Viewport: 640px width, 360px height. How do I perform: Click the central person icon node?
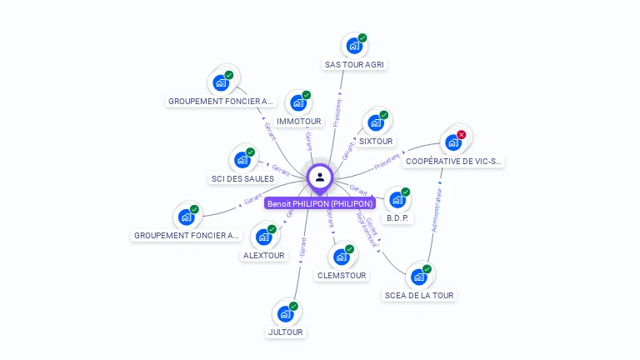(x=320, y=177)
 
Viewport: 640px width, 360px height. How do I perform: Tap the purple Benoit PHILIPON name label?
(x=320, y=202)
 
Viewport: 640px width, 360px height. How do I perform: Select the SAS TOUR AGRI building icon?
(x=353, y=47)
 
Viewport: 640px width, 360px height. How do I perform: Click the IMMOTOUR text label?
(x=299, y=121)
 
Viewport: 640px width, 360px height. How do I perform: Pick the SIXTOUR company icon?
(x=375, y=124)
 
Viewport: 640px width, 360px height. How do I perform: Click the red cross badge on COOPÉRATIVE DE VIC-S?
(x=461, y=134)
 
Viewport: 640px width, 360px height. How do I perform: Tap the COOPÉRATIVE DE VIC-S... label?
(x=453, y=162)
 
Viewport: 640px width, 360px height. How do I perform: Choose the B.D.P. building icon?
(x=397, y=201)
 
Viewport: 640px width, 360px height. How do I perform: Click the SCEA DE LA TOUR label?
(x=420, y=295)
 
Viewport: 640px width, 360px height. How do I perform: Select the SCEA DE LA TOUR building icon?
(x=418, y=276)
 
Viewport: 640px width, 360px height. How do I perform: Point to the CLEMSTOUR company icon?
(x=341, y=257)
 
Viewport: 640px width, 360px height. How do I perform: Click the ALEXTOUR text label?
(x=263, y=255)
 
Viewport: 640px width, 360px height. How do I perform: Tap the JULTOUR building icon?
(x=285, y=314)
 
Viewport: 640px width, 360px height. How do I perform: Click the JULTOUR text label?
(x=286, y=332)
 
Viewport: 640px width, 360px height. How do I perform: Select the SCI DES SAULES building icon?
(x=242, y=160)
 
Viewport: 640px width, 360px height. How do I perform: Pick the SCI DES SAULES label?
(x=242, y=178)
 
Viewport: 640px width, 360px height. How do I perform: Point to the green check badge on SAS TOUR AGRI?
(x=362, y=37)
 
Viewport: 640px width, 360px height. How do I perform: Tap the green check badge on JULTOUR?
(x=293, y=306)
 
